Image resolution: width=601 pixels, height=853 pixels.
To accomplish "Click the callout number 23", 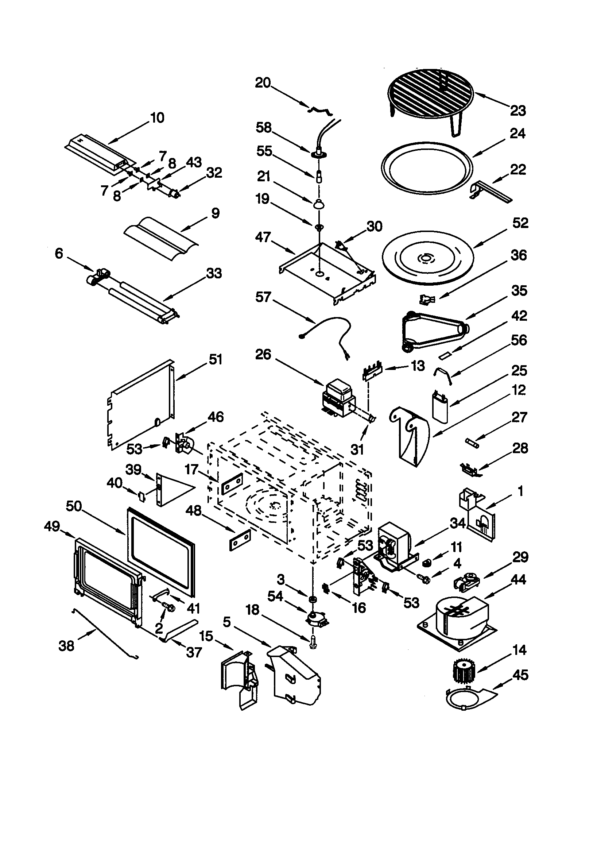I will [x=518, y=110].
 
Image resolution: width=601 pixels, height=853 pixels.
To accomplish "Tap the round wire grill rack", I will [x=430, y=93].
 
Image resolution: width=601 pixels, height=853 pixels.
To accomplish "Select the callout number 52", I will [x=520, y=223].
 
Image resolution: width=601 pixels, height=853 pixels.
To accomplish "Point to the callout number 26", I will [x=263, y=354].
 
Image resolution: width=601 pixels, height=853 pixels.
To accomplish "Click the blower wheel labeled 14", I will [x=462, y=672].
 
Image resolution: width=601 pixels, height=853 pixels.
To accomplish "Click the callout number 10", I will [x=157, y=118].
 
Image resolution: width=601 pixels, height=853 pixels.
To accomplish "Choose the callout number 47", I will [x=263, y=237].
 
